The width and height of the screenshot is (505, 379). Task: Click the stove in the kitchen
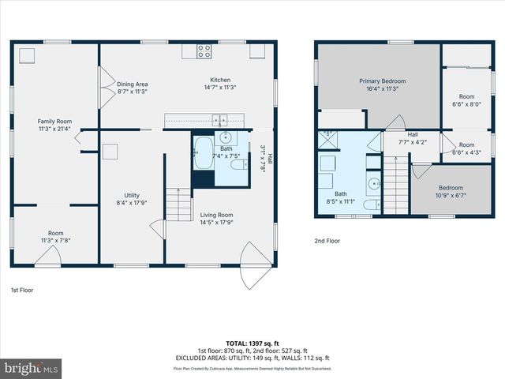204,51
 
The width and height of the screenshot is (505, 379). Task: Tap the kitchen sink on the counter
220,120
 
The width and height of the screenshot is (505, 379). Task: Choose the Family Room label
54,125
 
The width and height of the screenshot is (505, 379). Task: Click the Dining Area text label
133,88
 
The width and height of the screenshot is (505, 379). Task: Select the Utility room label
132,199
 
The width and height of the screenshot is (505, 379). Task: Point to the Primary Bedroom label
383,84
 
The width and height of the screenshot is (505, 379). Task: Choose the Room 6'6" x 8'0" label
466,99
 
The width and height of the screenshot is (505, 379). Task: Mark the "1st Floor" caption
22,290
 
